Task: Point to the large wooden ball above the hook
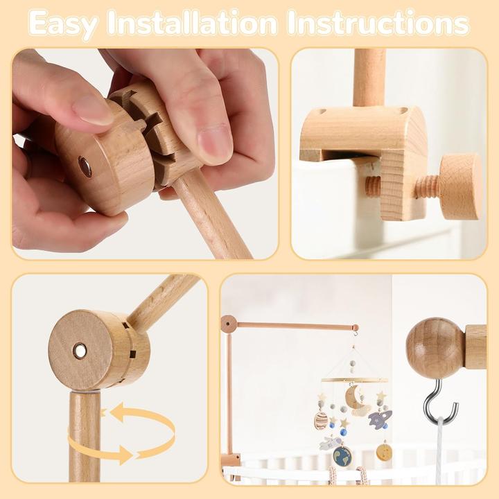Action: pyautogui.click(x=434, y=347)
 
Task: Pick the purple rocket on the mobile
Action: pyautogui.click(x=380, y=419)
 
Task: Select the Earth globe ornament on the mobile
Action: pyautogui.click(x=341, y=455)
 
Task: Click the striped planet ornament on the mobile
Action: pyautogui.click(x=321, y=420)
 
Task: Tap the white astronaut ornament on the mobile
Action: pyautogui.click(x=331, y=443)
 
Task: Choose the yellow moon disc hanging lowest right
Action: pyautogui.click(x=383, y=452)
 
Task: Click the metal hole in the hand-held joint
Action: pyautogui.click(x=85, y=166)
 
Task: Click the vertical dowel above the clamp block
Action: pyautogui.click(x=369, y=76)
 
